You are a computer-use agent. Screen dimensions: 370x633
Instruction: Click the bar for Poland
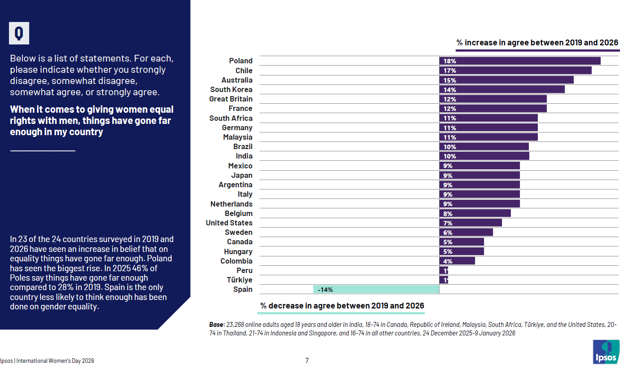pos(519,61)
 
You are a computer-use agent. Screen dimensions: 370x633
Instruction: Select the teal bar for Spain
pos(376,290)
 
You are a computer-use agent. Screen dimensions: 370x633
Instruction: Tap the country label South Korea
pos(231,89)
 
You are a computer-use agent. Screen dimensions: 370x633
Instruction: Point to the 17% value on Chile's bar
pos(450,71)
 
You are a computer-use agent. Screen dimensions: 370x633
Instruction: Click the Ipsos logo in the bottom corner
pos(606,352)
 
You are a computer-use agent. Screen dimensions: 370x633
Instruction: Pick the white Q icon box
pos(19,33)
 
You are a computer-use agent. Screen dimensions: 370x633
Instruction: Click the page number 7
pos(307,360)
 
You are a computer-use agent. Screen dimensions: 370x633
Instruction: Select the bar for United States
pos(470,223)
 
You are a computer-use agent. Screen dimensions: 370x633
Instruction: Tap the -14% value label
pos(325,290)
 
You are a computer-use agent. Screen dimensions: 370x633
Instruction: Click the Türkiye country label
pos(239,280)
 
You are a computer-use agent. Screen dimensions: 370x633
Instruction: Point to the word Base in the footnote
pos(217,324)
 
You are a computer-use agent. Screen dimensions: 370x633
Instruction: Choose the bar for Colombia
pos(457,261)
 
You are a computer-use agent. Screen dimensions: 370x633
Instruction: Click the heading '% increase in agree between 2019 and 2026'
pos(537,43)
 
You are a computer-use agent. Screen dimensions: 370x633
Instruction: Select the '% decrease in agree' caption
pos(342,306)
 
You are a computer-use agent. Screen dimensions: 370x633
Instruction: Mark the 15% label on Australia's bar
pos(450,80)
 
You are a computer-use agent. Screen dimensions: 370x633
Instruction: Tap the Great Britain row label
pos(231,99)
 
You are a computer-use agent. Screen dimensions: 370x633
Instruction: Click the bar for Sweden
pos(466,233)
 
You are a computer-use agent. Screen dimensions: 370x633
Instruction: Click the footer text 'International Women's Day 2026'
pos(55,361)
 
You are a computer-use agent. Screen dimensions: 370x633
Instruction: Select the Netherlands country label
pos(231,204)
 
